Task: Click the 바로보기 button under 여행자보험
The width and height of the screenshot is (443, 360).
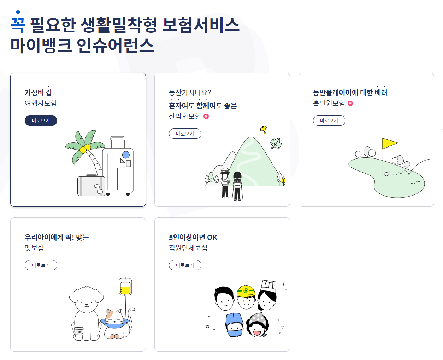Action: (41, 121)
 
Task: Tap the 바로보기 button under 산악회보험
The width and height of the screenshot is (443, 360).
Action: (185, 134)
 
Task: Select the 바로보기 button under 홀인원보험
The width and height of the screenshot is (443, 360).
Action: (329, 121)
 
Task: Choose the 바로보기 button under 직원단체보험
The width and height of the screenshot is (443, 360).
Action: (185, 265)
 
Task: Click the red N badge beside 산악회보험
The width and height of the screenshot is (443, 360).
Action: (206, 116)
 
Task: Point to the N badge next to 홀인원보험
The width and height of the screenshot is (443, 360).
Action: (350, 103)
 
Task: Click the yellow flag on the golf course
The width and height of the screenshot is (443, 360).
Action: (389, 143)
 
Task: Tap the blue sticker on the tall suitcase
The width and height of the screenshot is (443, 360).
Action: (126, 155)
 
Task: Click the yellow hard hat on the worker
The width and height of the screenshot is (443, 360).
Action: (246, 291)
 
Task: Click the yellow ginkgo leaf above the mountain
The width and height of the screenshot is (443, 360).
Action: (263, 130)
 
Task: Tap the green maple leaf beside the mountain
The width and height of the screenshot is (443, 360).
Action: (276, 143)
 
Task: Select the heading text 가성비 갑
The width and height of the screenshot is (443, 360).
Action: (38, 92)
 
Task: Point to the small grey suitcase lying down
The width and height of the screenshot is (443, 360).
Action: (91, 185)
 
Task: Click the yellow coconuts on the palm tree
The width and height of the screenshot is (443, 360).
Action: (85, 149)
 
